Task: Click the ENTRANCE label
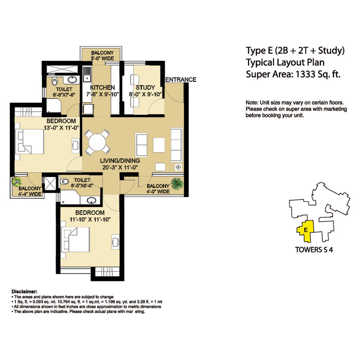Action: tap(181, 80)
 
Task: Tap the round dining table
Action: tap(97, 142)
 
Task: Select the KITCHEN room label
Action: tap(103, 87)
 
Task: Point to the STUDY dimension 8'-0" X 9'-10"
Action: tap(145, 94)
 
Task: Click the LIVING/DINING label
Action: tap(120, 161)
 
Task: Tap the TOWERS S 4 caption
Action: tap(314, 250)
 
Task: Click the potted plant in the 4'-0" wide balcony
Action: tap(177, 184)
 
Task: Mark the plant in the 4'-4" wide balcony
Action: tap(17, 182)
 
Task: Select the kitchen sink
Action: tap(87, 74)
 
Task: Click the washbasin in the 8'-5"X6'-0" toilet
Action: tap(91, 200)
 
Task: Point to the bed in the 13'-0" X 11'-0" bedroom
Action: tap(29, 141)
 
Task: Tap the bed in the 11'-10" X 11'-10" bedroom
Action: tap(75, 239)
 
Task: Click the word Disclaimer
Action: tap(24, 292)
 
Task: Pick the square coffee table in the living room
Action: tap(159, 145)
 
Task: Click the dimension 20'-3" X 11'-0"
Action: tap(120, 167)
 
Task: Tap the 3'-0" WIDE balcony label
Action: tap(102, 58)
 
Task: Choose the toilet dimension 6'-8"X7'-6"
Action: tap(64, 94)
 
